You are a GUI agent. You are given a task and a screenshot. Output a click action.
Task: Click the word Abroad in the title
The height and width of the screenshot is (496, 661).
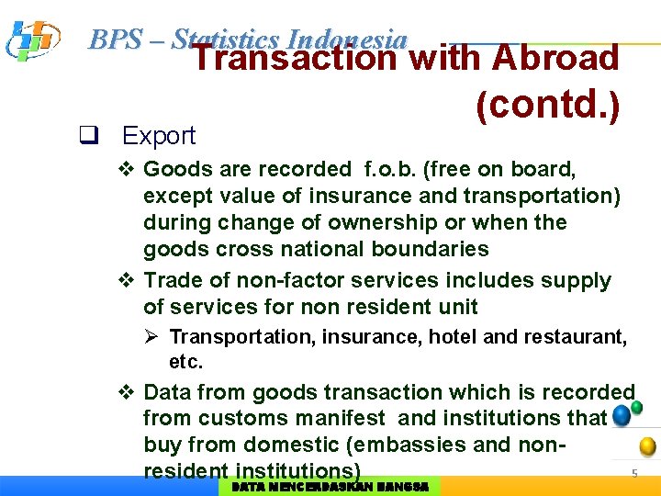(556, 58)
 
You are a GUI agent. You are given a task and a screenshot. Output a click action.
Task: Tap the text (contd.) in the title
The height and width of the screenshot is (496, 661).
(547, 106)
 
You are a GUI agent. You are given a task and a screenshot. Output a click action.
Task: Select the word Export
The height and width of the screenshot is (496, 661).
(159, 137)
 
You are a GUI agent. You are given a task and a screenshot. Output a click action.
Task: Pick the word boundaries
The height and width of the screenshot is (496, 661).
(430, 250)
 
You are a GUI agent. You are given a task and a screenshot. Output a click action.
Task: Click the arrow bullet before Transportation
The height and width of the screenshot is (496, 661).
(154, 337)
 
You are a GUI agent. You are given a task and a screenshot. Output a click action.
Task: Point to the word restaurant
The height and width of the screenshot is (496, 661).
(576, 337)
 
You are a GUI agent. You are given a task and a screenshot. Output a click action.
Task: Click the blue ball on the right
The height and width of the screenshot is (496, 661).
(622, 415)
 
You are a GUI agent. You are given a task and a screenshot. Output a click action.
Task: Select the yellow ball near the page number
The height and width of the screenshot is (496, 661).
(648, 447)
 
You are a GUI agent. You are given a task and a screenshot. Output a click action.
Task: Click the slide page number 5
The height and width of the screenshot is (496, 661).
(633, 474)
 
